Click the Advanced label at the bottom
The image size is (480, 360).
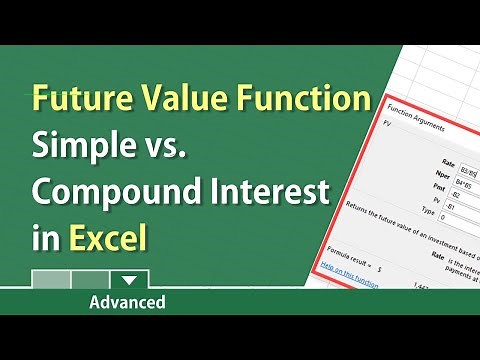(127, 301)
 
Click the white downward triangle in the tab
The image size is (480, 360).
(127, 279)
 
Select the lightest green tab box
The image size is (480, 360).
(51, 279)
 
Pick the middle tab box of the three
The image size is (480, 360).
(89, 279)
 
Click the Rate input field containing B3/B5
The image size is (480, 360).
(465, 160)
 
